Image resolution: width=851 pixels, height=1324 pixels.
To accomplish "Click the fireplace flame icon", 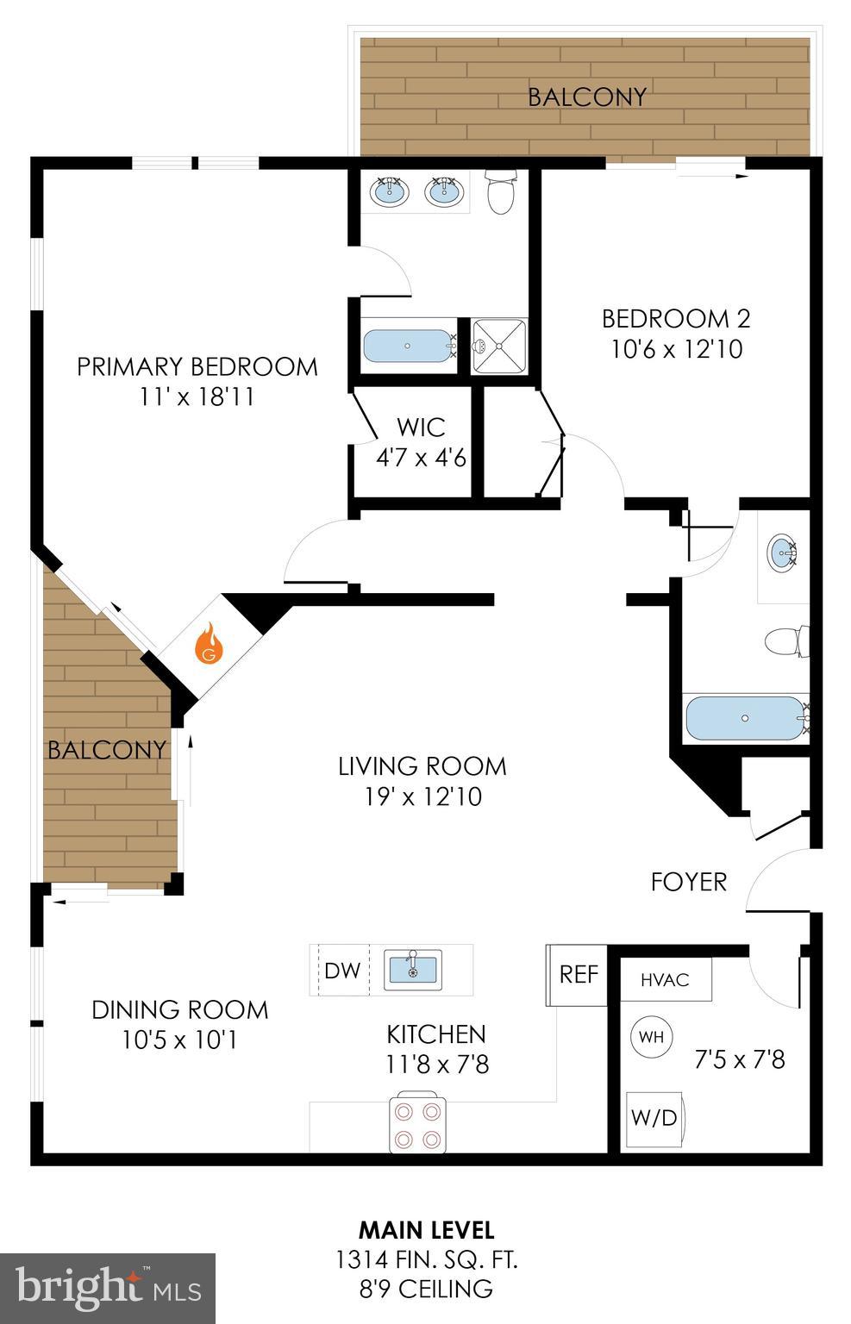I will pos(210,645).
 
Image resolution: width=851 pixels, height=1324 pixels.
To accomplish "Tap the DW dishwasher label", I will pos(342,971).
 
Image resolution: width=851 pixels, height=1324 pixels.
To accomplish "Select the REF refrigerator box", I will pos(578,974).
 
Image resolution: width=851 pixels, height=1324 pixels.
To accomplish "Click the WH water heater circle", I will pos(652,1036).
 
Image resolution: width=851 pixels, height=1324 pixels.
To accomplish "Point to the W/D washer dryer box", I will pos(654,1118).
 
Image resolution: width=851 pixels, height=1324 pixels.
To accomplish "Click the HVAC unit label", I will pos(665,980).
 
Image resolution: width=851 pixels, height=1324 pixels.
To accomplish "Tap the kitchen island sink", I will pos(412,967).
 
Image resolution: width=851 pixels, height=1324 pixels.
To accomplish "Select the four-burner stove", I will pos(418,1123).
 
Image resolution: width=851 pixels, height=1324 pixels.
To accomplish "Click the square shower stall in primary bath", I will pos(499,347).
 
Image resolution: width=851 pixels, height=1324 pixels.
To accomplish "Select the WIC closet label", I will pos(421,427).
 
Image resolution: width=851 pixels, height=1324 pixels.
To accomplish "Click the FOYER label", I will pos(688,882).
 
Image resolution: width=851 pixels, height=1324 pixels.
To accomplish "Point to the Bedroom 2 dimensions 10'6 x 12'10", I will pos(676,349).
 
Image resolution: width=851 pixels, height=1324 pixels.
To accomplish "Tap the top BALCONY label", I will pos(586,97).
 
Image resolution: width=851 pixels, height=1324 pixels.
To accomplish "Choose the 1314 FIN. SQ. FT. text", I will pos(426,1260).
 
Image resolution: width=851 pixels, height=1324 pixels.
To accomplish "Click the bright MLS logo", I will pos(108,1288).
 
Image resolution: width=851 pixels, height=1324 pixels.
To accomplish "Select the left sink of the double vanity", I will pos(389,191).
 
